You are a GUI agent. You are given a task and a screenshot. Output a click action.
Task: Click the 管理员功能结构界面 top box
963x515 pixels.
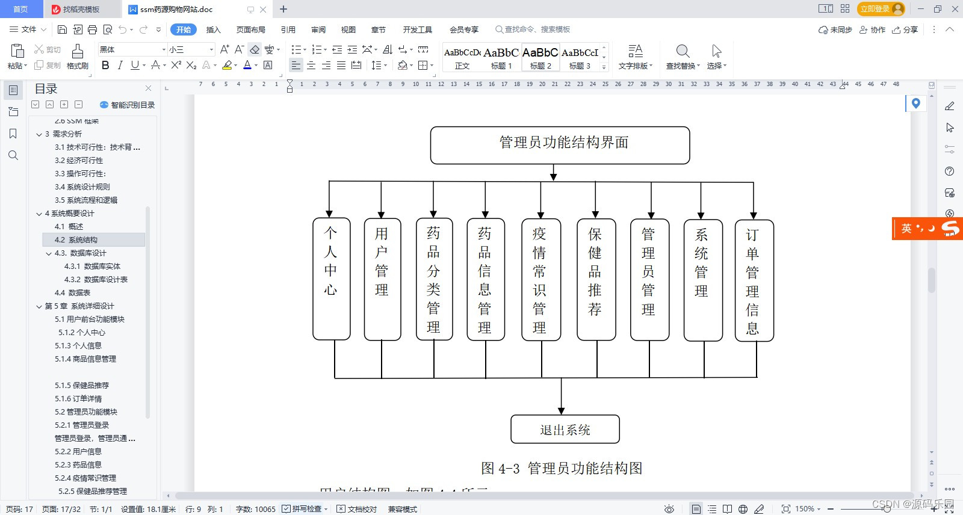pyautogui.click(x=560, y=145)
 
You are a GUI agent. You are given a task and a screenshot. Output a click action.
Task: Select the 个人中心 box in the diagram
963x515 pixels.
pyautogui.click(x=331, y=279)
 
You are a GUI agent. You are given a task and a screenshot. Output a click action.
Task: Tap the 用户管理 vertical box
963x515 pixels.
pyautogui.click(x=382, y=279)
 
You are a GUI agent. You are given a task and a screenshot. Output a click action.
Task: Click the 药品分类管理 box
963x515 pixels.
pyautogui.click(x=434, y=279)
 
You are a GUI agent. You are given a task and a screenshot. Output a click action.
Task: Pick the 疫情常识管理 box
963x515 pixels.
pyautogui.click(x=540, y=279)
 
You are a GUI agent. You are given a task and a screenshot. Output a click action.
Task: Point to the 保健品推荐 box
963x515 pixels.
pyautogui.click(x=595, y=279)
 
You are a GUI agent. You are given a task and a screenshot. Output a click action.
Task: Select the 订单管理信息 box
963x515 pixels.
pyautogui.click(x=754, y=280)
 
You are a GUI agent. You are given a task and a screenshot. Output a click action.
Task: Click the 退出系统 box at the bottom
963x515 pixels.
pyautogui.click(x=565, y=429)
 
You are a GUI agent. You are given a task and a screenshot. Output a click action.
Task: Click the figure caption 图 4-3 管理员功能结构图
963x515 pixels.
pyautogui.click(x=561, y=468)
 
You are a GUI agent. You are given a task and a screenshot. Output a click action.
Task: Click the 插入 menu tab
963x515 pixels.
pyautogui.click(x=213, y=29)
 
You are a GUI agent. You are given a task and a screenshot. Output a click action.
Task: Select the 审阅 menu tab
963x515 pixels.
pyautogui.click(x=318, y=29)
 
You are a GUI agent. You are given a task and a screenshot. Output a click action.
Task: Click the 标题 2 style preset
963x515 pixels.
pyautogui.click(x=540, y=58)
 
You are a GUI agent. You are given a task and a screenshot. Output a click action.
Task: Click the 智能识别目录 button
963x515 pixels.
pyautogui.click(x=127, y=105)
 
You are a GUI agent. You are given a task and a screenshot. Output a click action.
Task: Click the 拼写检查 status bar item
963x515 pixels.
pyautogui.click(x=305, y=509)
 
